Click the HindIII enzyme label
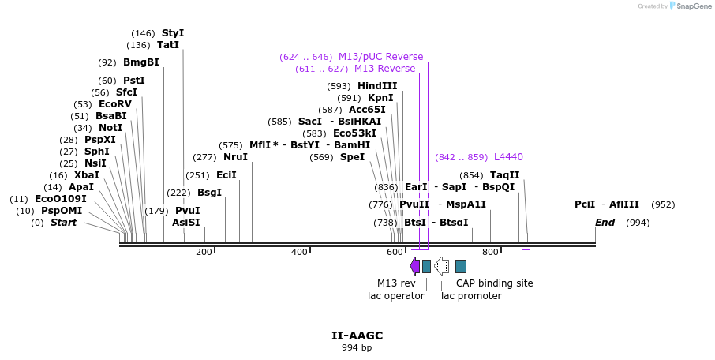click(377, 86)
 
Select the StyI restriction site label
click(173, 33)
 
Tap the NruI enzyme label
click(235, 157)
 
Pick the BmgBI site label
click(140, 62)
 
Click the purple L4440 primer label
click(508, 157)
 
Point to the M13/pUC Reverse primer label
click(380, 57)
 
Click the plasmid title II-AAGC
click(357, 336)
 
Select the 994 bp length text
click(357, 347)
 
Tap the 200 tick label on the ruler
click(204, 252)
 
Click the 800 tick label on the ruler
click(490, 252)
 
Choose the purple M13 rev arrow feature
click(415, 266)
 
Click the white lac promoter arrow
click(442, 266)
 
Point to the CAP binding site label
click(494, 283)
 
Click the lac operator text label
click(396, 296)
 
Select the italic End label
click(605, 223)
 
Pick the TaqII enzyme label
click(505, 175)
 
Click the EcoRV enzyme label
click(115, 104)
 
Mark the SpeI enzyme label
click(352, 157)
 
